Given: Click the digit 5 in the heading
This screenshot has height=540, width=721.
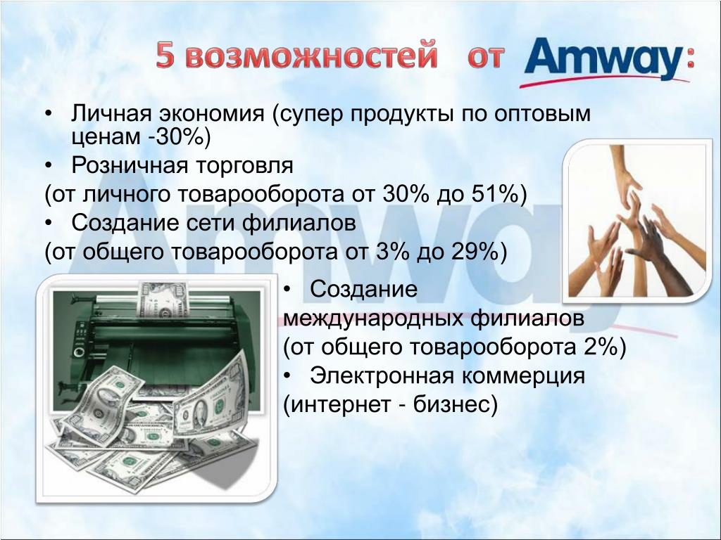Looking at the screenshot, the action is pos(165,56).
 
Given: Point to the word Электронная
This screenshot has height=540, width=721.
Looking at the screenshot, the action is pos(382,376).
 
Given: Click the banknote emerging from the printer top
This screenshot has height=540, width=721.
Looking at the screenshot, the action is pos(163,300).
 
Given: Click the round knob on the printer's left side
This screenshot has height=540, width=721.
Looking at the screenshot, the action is pos(79,353).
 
